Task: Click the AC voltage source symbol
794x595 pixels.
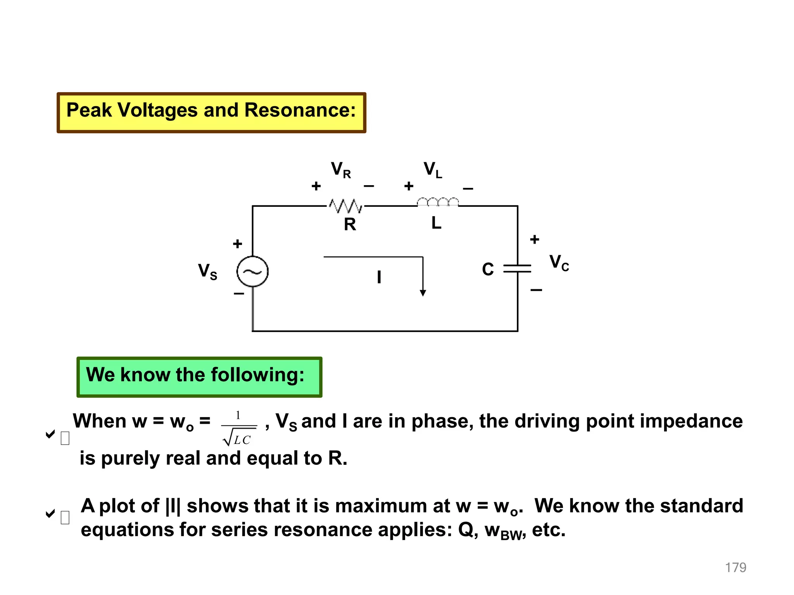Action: click(252, 272)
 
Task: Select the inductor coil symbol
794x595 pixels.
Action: click(438, 202)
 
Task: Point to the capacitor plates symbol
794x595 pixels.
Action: click(517, 268)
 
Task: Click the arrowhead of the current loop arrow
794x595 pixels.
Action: click(423, 293)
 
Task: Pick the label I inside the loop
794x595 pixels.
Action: click(379, 277)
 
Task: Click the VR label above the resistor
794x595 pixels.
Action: click(341, 170)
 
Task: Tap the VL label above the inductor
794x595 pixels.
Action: click(433, 170)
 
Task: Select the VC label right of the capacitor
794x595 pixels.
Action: click(559, 263)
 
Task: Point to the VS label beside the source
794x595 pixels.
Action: click(207, 272)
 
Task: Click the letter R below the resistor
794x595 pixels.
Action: click(350, 225)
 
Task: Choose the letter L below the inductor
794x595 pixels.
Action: click(436, 223)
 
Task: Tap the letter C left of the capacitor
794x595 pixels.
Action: click(488, 270)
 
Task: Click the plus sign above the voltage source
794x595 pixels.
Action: click(238, 244)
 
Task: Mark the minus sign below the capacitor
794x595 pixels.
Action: click(536, 290)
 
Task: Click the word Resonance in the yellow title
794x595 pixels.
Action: click(299, 110)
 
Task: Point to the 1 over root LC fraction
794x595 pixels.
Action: click(239, 428)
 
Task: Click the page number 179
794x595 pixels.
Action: click(735, 567)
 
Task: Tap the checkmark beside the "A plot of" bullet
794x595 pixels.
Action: click(50, 514)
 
